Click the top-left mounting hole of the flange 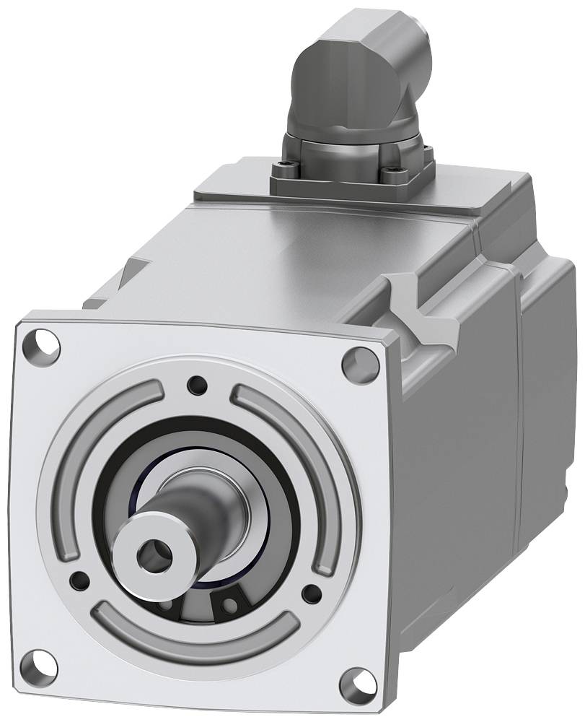[45, 345]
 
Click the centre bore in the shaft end [155, 554]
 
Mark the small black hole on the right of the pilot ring [311, 594]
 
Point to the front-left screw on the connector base [283, 170]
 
